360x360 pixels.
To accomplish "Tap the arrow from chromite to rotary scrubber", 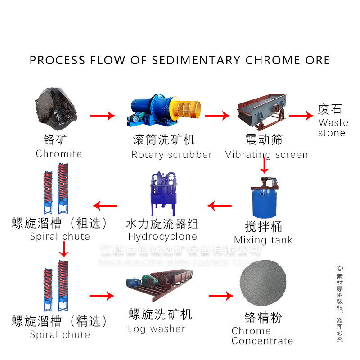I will click(x=103, y=116).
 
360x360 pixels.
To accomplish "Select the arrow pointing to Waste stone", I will click(x=301, y=116).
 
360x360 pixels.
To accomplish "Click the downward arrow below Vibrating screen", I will click(x=265, y=166).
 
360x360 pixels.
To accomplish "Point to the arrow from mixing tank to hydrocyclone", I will click(x=220, y=206).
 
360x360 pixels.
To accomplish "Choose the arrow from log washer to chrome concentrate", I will click(x=221, y=296).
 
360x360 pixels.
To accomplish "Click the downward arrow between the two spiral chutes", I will click(x=64, y=249).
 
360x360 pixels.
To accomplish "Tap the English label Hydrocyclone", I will click(x=162, y=237).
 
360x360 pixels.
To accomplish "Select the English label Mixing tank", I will click(x=263, y=240).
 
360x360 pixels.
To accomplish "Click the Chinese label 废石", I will click(x=330, y=109).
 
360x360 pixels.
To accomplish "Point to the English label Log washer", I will click(x=156, y=329).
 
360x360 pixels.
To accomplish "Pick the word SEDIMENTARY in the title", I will click(x=196, y=60).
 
